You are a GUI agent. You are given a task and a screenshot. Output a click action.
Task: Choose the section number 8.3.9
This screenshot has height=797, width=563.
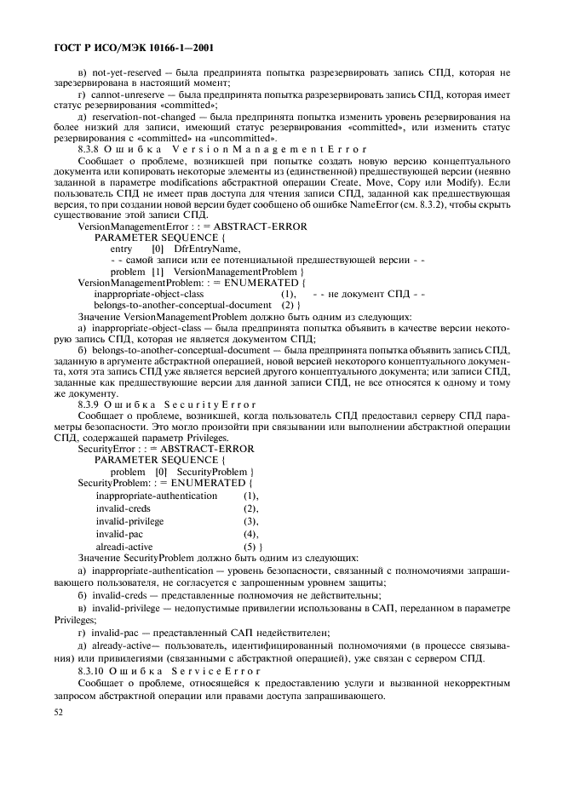(90, 405)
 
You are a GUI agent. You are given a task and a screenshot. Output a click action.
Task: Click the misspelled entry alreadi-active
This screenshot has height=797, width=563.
(124, 545)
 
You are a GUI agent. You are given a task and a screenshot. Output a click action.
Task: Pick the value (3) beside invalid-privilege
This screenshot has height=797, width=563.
(250, 520)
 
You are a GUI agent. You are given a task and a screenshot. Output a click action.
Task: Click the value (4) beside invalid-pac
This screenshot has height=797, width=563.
(250, 533)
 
